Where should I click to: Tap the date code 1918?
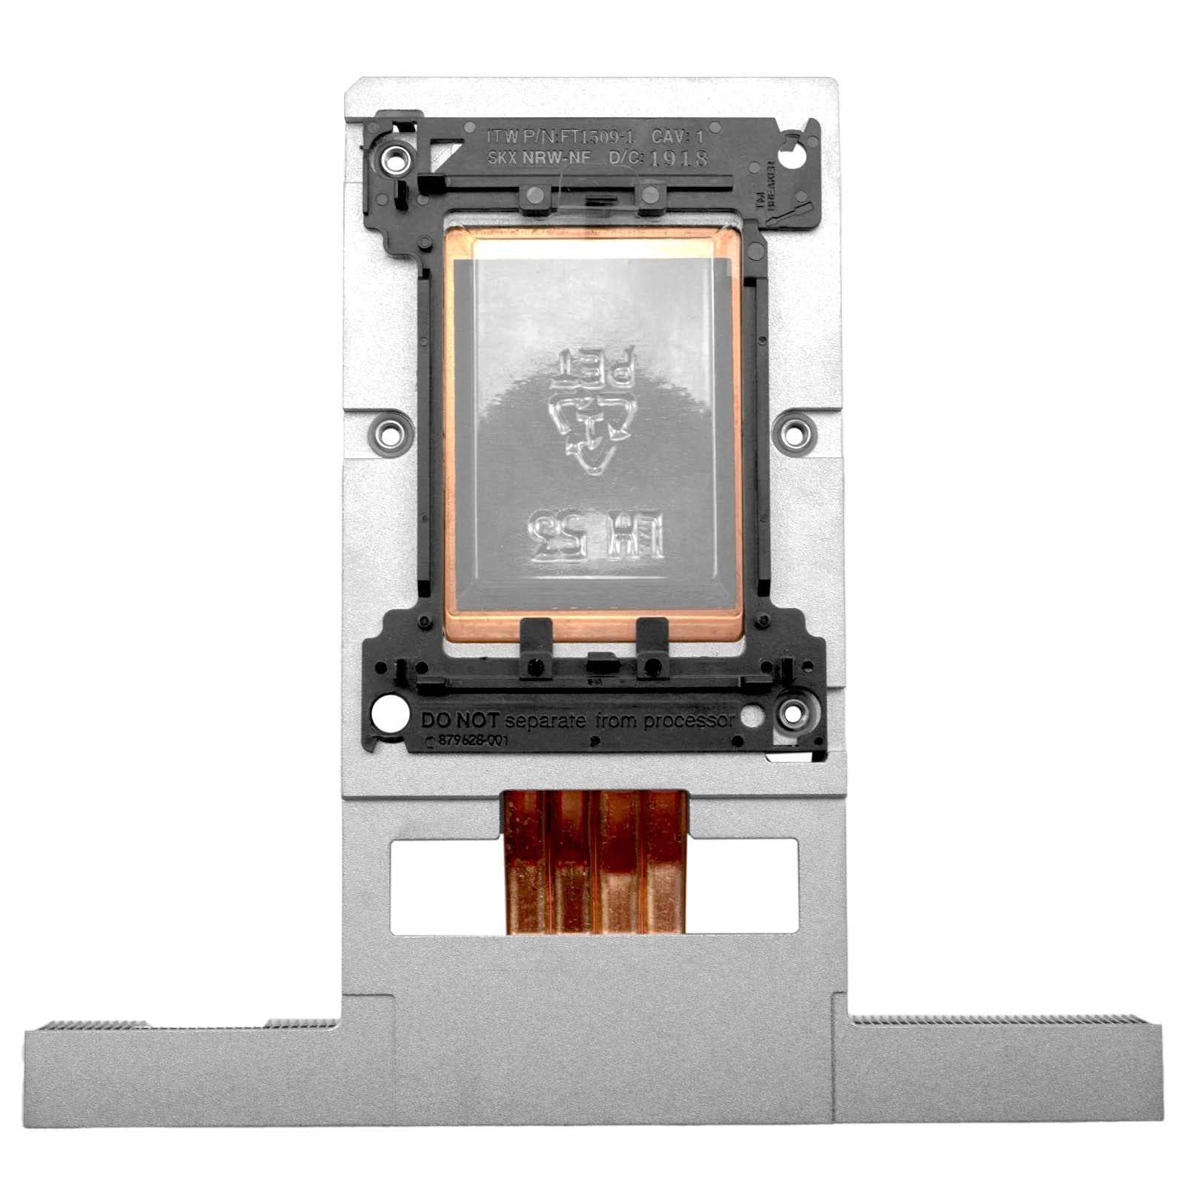tap(678, 158)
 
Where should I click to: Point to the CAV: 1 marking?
tap(676, 136)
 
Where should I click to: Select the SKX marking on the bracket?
tap(503, 158)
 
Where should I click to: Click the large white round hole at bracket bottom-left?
tap(389, 716)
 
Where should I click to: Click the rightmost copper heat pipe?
tap(664, 864)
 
